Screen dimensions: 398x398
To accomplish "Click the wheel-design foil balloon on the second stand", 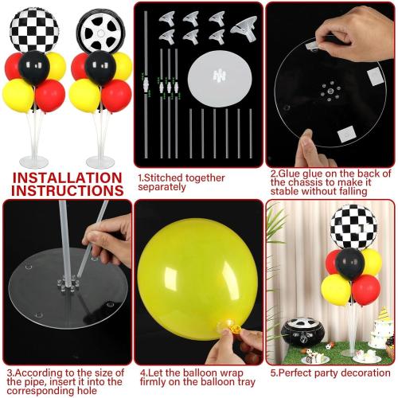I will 100,29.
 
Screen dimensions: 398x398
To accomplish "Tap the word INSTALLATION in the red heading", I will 67,178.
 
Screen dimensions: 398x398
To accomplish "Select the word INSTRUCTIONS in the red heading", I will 67,191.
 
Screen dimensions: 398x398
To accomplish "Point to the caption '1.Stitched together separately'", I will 181,183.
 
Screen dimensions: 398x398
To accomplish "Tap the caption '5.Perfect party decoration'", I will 330,373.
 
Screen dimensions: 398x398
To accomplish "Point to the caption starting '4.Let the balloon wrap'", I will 197,377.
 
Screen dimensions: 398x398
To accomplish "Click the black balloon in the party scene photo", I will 350,261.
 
